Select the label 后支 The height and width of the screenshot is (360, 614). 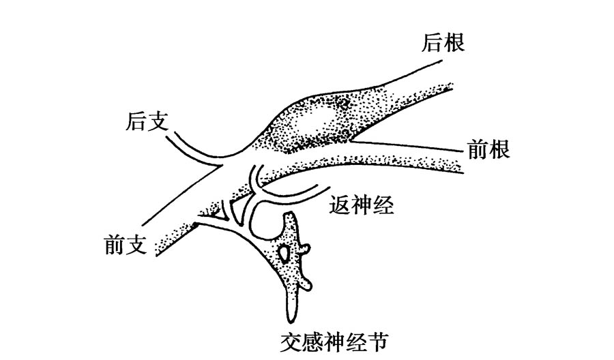click(x=147, y=122)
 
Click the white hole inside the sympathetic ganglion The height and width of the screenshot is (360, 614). click(x=284, y=254)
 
